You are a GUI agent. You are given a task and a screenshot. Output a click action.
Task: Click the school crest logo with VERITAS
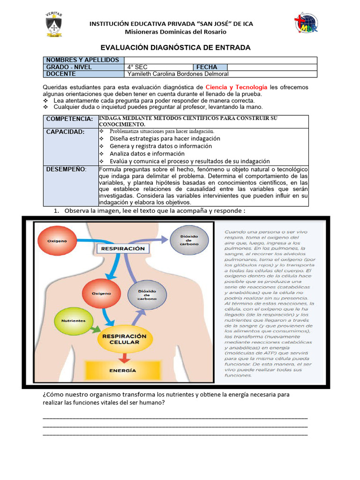tap(53, 24)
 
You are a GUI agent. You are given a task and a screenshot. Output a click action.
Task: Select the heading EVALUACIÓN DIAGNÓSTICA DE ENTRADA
tap(176, 47)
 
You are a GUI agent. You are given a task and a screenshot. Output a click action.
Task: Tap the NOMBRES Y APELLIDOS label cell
tap(83, 60)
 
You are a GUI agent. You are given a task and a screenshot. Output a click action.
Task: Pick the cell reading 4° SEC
tap(158, 67)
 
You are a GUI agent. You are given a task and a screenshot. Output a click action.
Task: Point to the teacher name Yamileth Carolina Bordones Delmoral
tap(178, 74)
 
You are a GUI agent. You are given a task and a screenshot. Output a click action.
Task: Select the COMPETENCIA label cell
tap(70, 120)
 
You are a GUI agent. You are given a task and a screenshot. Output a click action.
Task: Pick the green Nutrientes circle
tap(73, 321)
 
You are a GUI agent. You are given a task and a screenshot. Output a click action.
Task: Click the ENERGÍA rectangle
tap(123, 370)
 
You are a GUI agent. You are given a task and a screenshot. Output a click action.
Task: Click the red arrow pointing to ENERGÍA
tap(124, 357)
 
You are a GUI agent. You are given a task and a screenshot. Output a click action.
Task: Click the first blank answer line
tap(175, 417)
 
